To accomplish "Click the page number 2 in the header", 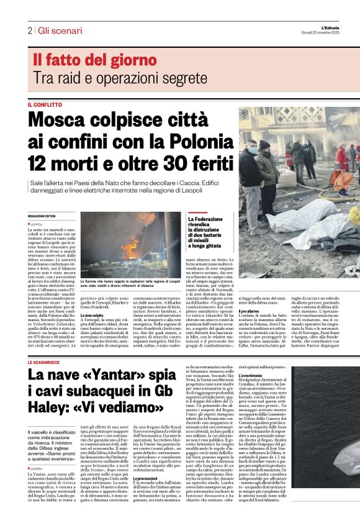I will point(29,30).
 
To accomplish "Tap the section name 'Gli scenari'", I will point(60,30).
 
